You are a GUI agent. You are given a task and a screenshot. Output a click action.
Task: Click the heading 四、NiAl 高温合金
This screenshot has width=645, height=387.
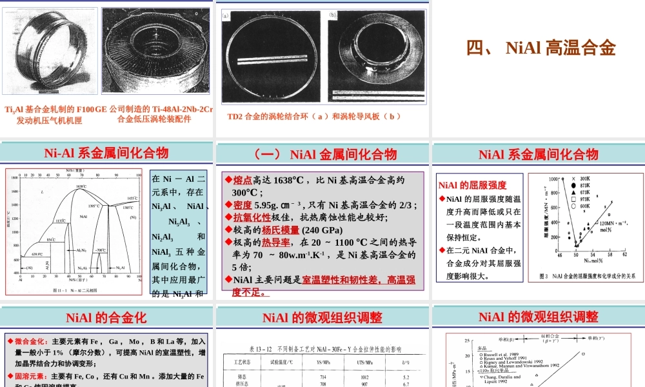click(541, 48)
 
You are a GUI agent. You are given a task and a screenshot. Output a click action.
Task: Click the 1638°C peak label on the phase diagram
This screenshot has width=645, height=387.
click(81, 186)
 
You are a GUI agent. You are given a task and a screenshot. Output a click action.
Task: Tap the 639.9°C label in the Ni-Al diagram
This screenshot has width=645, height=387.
click(37, 254)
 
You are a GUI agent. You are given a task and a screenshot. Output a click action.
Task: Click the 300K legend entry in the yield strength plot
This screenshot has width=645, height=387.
click(584, 178)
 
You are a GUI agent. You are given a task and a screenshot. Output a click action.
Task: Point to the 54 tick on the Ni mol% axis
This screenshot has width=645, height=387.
click(593, 254)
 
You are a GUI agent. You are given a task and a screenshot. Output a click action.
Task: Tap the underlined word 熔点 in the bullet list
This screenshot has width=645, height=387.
click(242, 181)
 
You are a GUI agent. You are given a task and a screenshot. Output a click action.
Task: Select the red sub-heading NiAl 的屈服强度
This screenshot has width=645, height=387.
click(473, 185)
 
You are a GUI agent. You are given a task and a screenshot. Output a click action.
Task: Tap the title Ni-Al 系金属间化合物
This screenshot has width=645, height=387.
click(106, 153)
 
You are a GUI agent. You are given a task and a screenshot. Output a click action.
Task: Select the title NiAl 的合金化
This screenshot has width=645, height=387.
click(106, 317)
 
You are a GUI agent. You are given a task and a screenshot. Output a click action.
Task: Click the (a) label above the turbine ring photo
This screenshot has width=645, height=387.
click(226, 14)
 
